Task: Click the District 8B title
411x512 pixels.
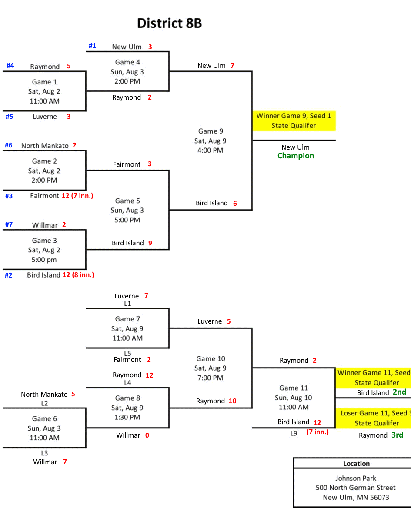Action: coord(169,23)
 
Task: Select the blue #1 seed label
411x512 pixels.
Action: coord(92,46)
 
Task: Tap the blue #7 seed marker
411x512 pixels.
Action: coord(9,224)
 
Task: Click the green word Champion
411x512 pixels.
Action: coord(296,156)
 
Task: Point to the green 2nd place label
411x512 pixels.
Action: coord(399,392)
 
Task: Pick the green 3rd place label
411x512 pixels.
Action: coord(397,435)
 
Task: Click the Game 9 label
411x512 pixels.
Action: coord(211,131)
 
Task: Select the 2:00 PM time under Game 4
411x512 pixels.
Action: coord(127,81)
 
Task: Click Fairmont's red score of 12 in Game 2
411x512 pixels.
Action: coord(66,196)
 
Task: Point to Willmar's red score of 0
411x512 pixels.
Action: coord(147,435)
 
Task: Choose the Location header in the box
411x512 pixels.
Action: coord(356,464)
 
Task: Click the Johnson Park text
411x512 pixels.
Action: coord(356,478)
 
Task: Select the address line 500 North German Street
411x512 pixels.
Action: coord(356,488)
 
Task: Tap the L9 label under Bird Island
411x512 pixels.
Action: coord(294,433)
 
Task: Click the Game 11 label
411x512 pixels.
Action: coord(294,388)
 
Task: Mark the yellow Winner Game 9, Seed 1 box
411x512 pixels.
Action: coord(294,120)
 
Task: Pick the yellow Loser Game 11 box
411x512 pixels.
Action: coord(373,418)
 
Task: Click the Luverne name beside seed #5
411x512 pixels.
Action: coord(45,117)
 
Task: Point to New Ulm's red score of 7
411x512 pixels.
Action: coord(232,66)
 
